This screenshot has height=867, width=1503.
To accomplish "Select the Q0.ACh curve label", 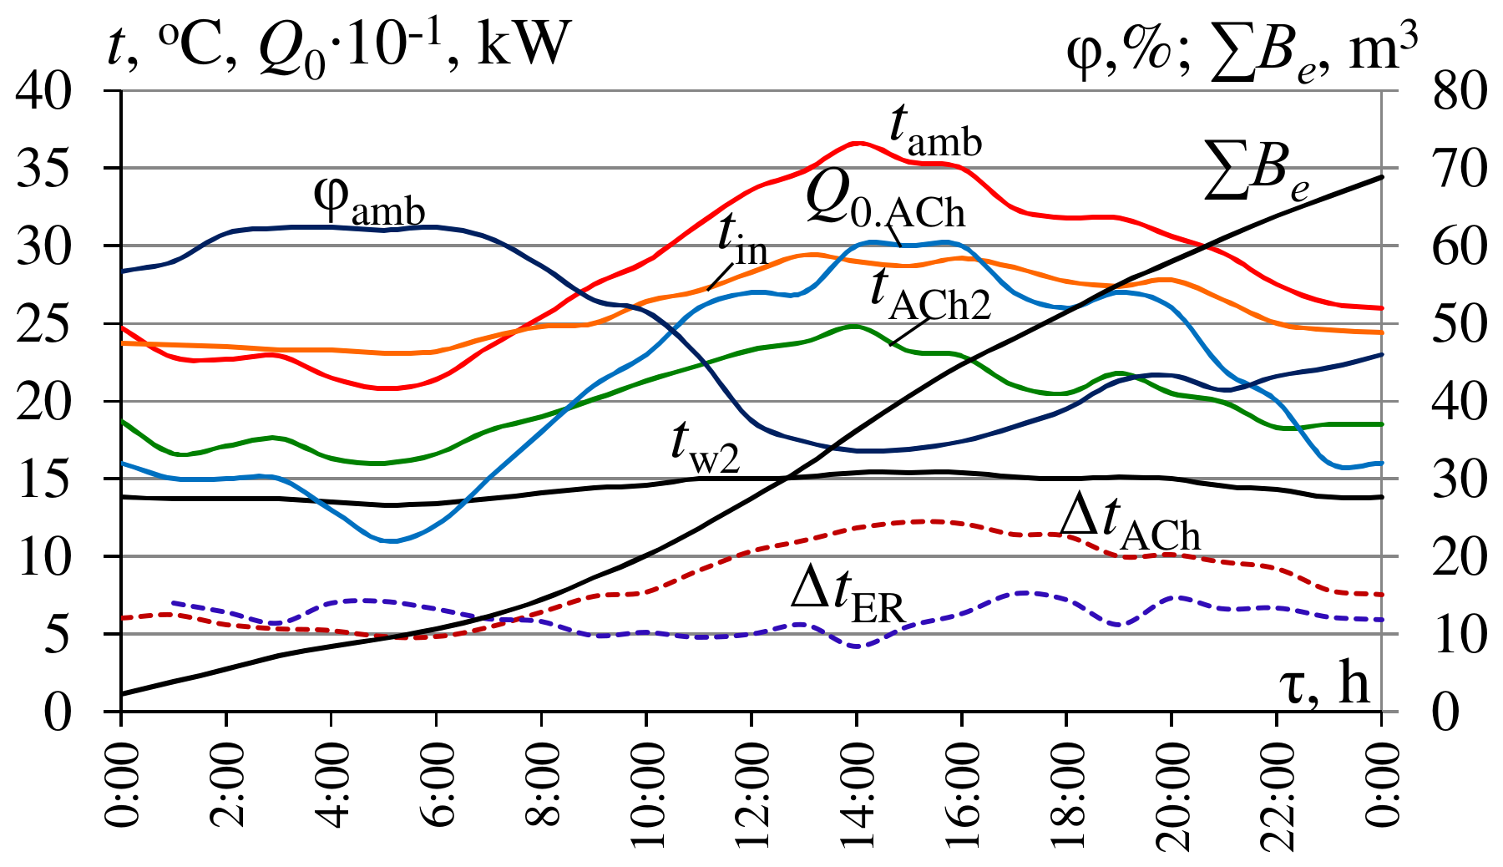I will point(885,205).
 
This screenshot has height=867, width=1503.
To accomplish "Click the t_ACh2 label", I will point(929,297).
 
